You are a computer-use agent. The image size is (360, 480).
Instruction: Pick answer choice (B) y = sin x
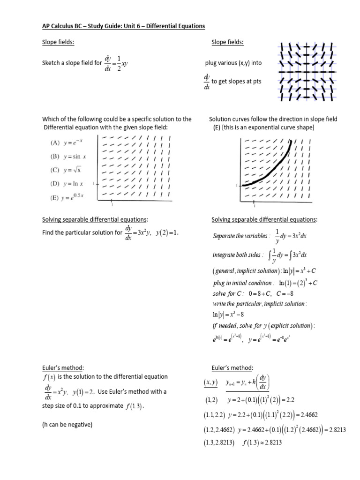click(65, 156)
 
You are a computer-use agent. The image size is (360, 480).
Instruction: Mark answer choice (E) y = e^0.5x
click(66, 197)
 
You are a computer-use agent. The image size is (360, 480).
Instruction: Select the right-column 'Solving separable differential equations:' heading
click(264, 219)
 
